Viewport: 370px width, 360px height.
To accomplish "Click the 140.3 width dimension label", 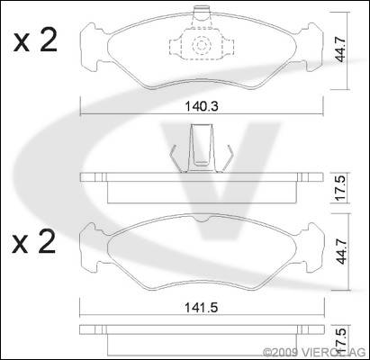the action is pos(202,106).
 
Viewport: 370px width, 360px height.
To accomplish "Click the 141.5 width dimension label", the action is pos(202,307).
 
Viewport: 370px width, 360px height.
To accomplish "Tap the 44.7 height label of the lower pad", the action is pos(341,251).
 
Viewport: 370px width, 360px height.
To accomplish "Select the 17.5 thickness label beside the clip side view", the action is pos(340,188).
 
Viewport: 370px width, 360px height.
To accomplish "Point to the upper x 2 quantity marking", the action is pos(35,41).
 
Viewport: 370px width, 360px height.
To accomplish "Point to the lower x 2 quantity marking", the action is pos(34,242).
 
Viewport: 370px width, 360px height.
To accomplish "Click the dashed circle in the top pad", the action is pos(202,45).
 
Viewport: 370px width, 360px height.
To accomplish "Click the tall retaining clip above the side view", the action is pos(201,148).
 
